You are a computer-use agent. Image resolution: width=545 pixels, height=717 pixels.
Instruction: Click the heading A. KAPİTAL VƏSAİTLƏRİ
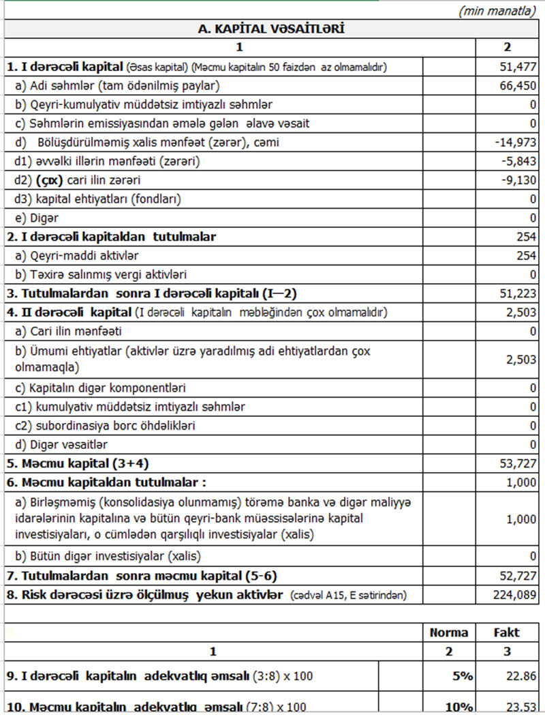tap(271, 29)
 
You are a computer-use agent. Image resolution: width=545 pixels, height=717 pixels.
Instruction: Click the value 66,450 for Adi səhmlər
tap(518, 85)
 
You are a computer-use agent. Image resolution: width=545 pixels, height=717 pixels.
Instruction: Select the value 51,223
tap(518, 294)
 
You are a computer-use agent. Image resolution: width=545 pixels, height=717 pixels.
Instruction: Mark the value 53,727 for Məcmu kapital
tap(518, 464)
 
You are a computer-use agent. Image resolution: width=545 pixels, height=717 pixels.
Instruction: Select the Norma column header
tap(448, 632)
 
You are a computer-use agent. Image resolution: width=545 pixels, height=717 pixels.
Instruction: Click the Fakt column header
tap(507, 632)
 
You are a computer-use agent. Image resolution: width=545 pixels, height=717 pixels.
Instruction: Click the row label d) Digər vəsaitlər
tap(61, 445)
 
